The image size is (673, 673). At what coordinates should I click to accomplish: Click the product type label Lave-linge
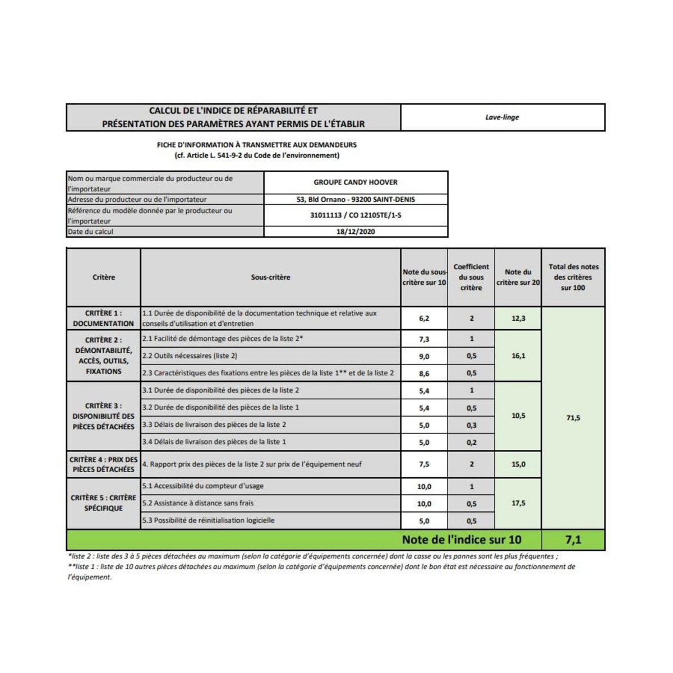[502, 117]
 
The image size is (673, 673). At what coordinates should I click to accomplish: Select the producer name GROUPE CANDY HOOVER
[356, 182]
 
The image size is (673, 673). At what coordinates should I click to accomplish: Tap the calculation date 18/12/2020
[356, 232]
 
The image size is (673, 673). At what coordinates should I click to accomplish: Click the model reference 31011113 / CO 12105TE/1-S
[356, 215]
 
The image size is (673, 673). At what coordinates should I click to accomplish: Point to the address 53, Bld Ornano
[356, 200]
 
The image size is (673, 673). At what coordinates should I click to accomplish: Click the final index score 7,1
[573, 540]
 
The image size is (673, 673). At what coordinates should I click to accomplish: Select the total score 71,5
[573, 418]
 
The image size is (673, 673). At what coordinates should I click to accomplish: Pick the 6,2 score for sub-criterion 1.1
[424, 319]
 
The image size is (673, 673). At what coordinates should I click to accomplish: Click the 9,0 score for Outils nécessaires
[424, 356]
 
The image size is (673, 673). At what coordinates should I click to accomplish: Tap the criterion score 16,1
[518, 356]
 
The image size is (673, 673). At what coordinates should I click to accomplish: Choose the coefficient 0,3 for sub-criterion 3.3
[472, 425]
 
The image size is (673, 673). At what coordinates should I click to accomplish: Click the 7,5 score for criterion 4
[424, 464]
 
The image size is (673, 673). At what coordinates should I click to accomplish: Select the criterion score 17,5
[518, 503]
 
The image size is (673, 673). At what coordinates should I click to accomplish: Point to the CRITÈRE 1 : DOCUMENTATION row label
[104, 318]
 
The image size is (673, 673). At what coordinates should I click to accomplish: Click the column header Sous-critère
[270, 277]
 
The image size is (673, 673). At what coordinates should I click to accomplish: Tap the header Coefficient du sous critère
[471, 277]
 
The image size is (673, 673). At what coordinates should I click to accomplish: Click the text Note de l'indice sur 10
[462, 540]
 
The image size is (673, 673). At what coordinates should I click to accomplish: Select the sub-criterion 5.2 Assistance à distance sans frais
[198, 503]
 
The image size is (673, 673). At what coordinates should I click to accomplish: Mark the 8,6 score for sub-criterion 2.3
[424, 373]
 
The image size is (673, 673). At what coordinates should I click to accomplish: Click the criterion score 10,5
[518, 416]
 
